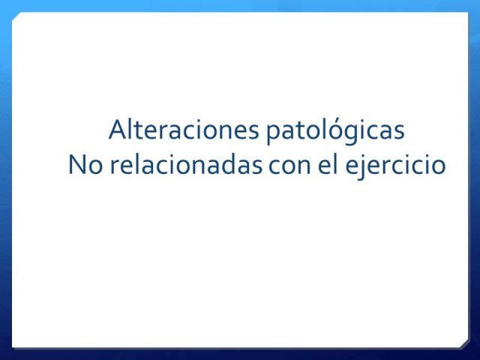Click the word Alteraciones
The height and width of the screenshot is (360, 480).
[x=184, y=130]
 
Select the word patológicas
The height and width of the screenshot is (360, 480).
[x=335, y=132]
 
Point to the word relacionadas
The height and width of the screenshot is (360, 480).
[x=186, y=164]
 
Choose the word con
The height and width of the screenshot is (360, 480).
[x=289, y=167]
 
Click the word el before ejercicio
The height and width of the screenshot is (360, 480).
[x=328, y=164]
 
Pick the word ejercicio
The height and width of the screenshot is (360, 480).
[x=395, y=166]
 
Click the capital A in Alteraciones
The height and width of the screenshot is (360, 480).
[x=118, y=130]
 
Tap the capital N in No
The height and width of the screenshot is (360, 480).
[x=76, y=165]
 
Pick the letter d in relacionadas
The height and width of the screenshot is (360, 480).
[x=224, y=164]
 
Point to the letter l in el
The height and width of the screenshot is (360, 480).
[x=336, y=164]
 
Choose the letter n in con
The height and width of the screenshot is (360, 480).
[x=304, y=167]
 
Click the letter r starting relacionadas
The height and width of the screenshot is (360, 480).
[x=115, y=167]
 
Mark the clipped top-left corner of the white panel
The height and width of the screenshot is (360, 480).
[x=16, y=16]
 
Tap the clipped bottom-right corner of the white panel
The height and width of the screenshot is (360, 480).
[x=465, y=344]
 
